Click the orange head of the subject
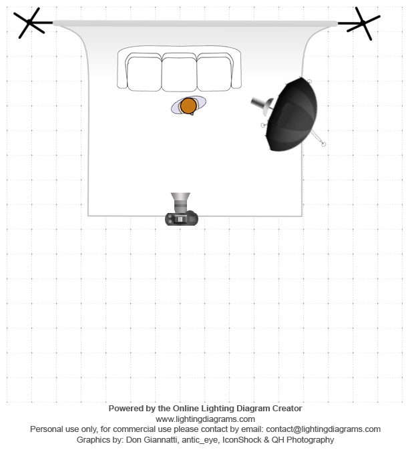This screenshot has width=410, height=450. [x=188, y=105]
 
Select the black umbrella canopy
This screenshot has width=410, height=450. [x=292, y=115]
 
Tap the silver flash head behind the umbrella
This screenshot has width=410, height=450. [x=262, y=105]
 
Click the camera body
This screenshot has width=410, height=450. [x=182, y=218]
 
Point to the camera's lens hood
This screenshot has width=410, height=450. [x=180, y=197]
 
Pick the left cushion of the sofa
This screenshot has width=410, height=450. [x=144, y=73]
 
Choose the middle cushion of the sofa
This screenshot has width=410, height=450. [x=180, y=74]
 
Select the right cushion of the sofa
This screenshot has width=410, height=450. [x=214, y=73]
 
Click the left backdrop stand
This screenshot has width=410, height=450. [x=30, y=23]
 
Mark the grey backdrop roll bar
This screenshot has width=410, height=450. [x=195, y=23]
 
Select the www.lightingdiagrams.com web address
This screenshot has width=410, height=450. [x=205, y=419]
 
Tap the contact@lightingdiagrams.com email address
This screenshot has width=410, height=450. [x=323, y=429]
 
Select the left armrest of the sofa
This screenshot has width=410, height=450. [x=122, y=70]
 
